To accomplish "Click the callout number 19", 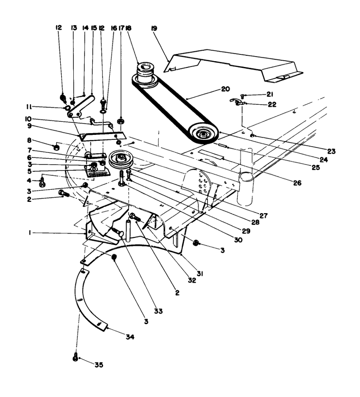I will tap(154, 28).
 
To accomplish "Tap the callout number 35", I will tap(99, 365).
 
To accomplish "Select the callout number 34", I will tap(130, 337).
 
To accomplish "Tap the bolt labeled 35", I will tap(76, 357).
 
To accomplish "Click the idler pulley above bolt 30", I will tap(120, 159).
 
